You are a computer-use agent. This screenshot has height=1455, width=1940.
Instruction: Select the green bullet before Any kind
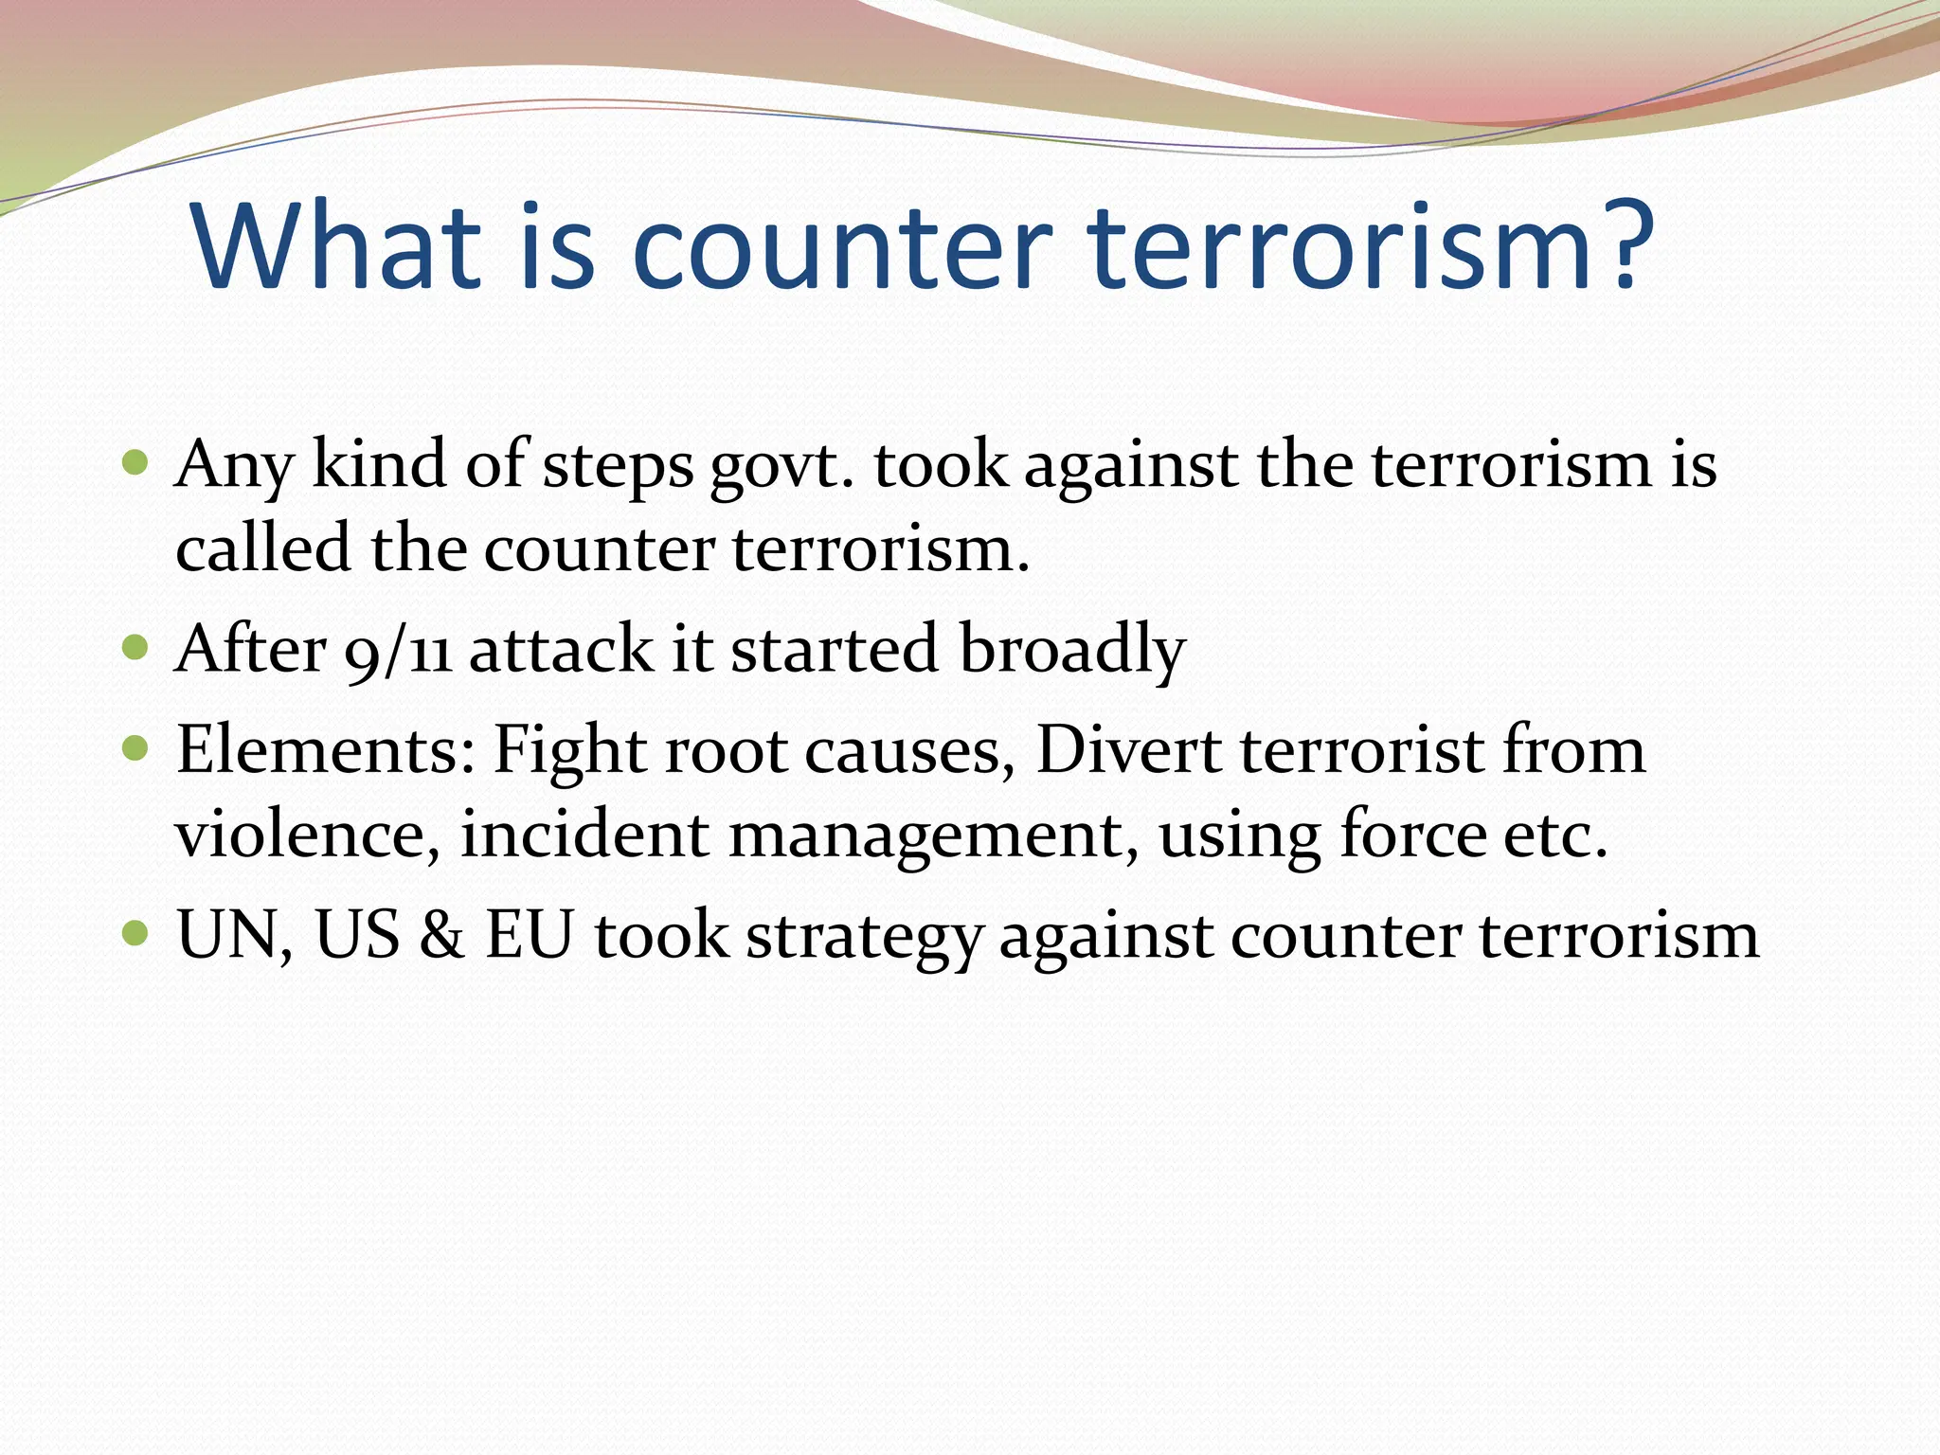pos(136,463)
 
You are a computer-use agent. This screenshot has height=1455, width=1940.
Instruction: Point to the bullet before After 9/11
pos(136,648)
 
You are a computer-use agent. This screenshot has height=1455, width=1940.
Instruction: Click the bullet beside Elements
pos(136,748)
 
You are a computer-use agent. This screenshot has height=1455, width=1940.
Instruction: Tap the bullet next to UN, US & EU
pos(136,934)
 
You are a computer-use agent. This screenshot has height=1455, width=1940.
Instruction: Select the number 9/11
pos(397,652)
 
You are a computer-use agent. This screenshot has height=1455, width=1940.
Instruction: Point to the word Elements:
pos(325,750)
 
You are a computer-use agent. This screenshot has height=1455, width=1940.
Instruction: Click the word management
pos(932,836)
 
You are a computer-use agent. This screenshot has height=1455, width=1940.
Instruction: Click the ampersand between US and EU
pos(441,936)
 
